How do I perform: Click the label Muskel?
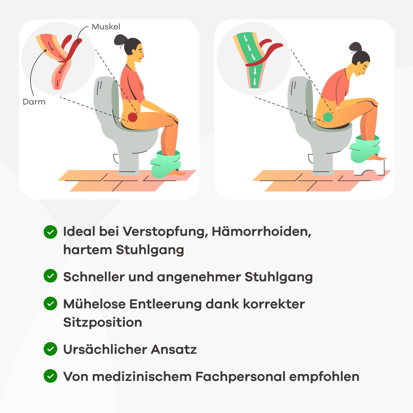(x=106, y=27)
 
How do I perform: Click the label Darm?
(x=34, y=102)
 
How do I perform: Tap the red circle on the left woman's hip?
(x=132, y=117)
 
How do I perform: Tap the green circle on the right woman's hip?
(x=328, y=117)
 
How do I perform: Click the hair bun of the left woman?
(x=120, y=40)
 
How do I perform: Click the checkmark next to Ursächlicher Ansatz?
(x=51, y=349)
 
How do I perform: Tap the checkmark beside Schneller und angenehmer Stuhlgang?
(x=51, y=276)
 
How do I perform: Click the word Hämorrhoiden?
(x=261, y=232)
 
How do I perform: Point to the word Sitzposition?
(x=102, y=322)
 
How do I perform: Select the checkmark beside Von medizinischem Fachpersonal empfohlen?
(x=51, y=376)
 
